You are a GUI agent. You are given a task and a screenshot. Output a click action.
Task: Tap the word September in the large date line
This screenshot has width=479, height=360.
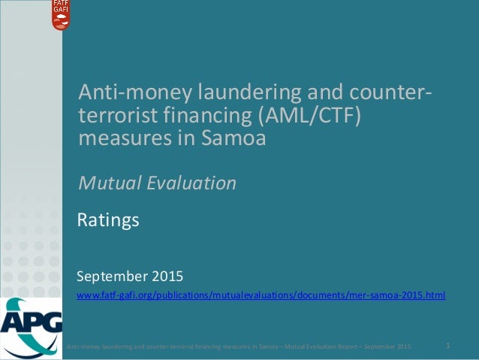(113, 271)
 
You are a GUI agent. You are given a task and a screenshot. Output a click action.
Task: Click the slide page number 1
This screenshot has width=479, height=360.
(447, 346)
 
